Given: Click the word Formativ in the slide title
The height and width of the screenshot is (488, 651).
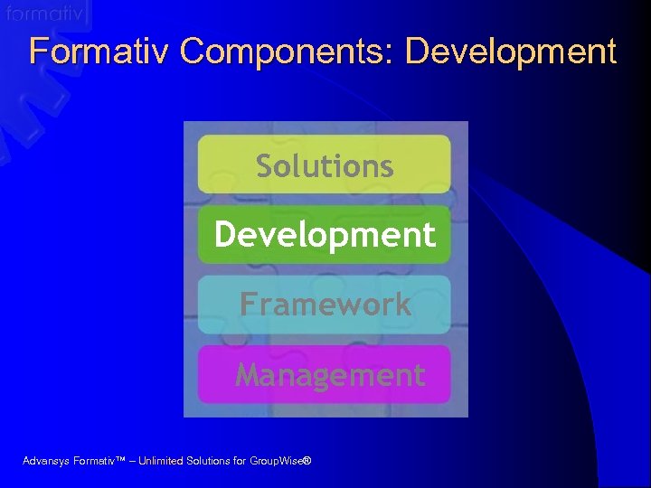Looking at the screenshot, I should point(99,52).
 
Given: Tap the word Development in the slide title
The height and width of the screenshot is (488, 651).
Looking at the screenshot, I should point(511,52).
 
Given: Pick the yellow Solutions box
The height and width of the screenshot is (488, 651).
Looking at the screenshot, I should point(324,164).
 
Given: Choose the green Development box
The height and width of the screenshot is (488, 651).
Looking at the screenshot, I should point(324,235).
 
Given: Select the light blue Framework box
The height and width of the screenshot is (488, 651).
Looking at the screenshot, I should point(324,305).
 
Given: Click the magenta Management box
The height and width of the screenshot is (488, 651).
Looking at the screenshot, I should point(324,374).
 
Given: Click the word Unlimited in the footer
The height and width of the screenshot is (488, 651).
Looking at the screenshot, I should point(161,461).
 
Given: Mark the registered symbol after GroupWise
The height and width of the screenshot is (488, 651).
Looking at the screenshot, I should point(307,460).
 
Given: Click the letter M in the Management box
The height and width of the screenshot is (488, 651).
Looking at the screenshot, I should point(248,374).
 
